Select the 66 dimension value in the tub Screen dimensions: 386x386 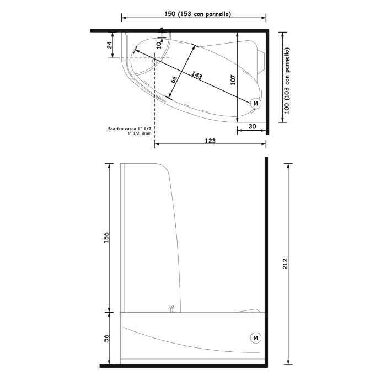(174, 81)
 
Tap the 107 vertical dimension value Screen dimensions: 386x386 (233, 79)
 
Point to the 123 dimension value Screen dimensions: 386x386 (210, 141)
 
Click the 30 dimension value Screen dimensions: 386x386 (252, 126)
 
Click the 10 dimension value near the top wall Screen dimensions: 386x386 (159, 44)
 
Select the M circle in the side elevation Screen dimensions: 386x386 (255, 337)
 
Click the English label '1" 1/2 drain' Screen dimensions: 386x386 (139, 133)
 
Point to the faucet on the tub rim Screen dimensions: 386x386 (171, 309)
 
